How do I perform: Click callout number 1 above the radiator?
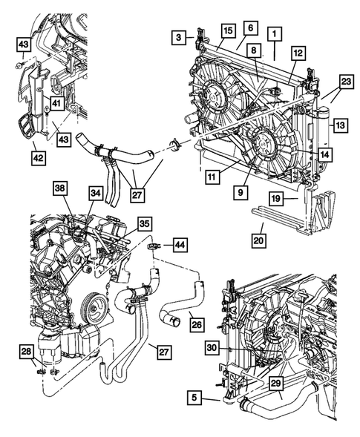[x=275, y=33]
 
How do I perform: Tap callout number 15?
[x=227, y=30]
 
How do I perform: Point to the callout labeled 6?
[x=251, y=27]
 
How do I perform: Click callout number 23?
[x=345, y=82]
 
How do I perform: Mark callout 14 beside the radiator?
[x=325, y=154]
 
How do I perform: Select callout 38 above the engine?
[x=60, y=189]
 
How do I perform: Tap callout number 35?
[x=145, y=222]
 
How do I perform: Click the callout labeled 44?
[x=181, y=243]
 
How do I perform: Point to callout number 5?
[x=194, y=398]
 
